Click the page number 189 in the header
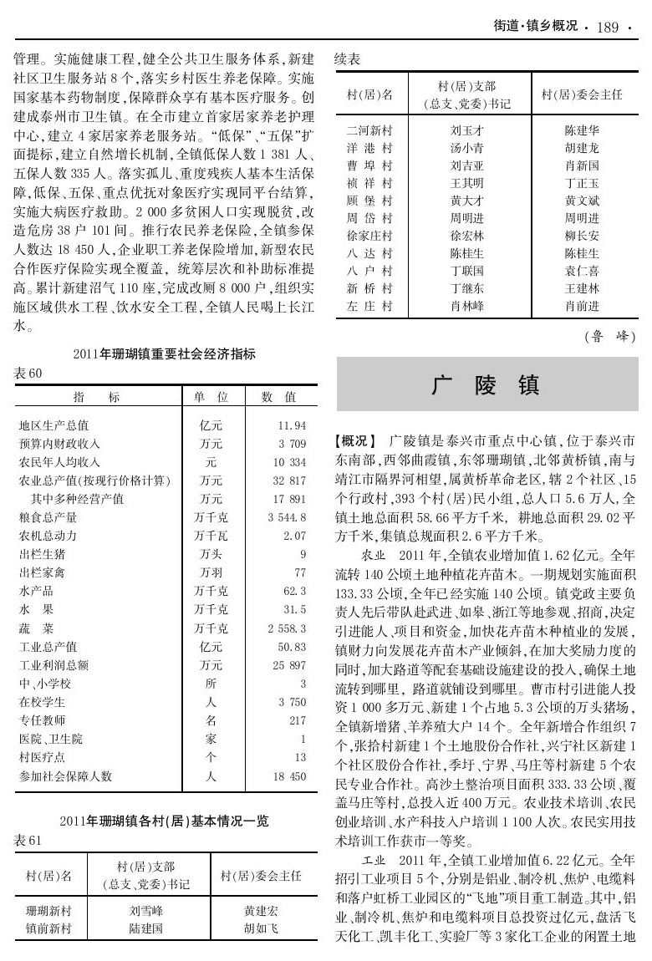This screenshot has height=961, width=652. [x=608, y=28]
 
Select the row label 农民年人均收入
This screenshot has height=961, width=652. [x=59, y=461]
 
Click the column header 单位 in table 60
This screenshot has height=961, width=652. [x=211, y=395]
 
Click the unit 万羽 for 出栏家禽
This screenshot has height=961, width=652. [x=210, y=572]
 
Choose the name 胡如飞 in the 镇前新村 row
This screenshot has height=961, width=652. [x=261, y=928]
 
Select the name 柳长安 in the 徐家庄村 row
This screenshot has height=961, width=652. [x=582, y=236]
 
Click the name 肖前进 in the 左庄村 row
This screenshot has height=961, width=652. [x=582, y=306]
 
